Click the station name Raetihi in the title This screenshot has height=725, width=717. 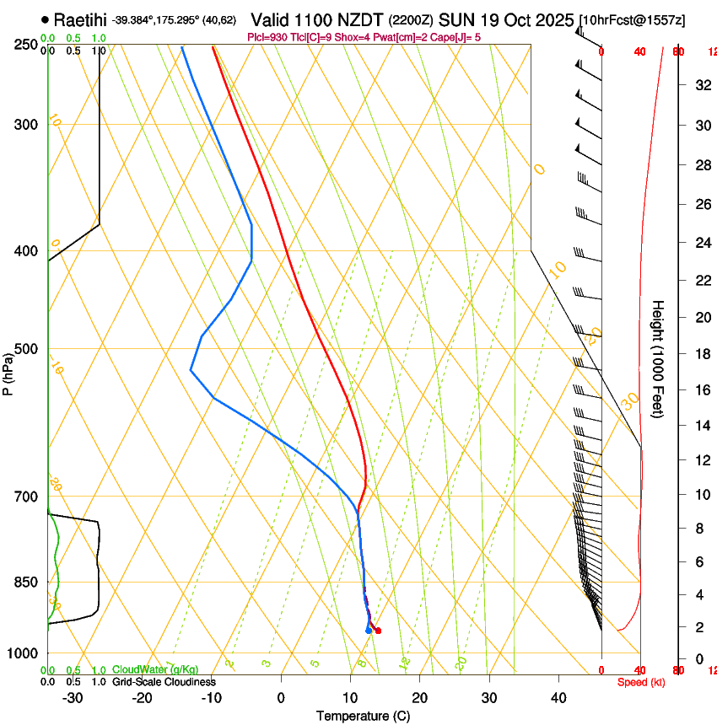coord(81,18)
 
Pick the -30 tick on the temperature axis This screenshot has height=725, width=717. coord(73,697)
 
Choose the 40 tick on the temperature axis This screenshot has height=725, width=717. coord(558,697)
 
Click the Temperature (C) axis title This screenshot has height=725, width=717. coord(364,716)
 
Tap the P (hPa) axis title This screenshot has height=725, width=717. coord(8,373)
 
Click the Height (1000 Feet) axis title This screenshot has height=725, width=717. coord(659,357)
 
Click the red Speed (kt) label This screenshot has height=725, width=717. coord(640,682)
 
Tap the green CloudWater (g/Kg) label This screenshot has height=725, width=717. coord(155,669)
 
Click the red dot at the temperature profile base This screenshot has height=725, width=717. coord(377,631)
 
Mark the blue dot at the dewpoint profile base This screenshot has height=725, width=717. coord(369,631)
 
